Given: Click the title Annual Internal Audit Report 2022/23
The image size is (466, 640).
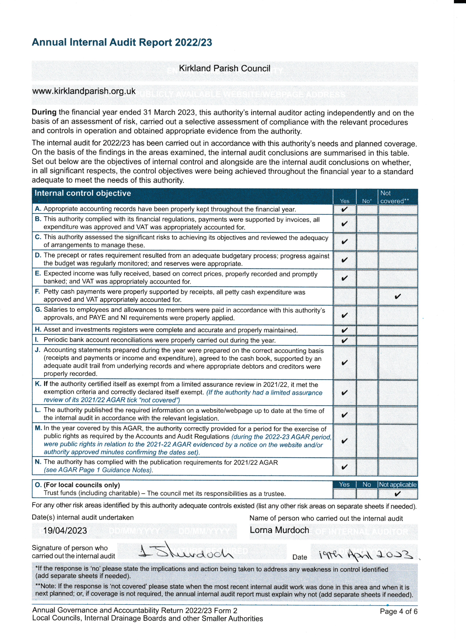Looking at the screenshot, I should [122, 42].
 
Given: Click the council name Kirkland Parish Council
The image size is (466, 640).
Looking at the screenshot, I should [224, 68].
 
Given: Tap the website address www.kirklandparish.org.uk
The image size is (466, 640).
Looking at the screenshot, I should [84, 91].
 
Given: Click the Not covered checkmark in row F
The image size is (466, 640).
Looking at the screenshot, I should [397, 296].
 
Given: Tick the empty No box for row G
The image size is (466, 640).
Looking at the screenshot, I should [367, 315].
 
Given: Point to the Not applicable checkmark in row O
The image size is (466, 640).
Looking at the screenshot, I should [397, 494].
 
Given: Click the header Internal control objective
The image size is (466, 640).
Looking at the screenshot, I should [83, 193].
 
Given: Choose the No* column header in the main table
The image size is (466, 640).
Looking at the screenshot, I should [367, 201].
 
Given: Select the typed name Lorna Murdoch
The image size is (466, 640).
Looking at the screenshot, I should [279, 530].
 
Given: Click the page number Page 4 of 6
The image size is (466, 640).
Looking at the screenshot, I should [398, 612].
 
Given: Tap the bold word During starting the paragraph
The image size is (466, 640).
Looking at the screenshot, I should [44, 112].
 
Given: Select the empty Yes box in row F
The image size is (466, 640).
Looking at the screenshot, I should [344, 296].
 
